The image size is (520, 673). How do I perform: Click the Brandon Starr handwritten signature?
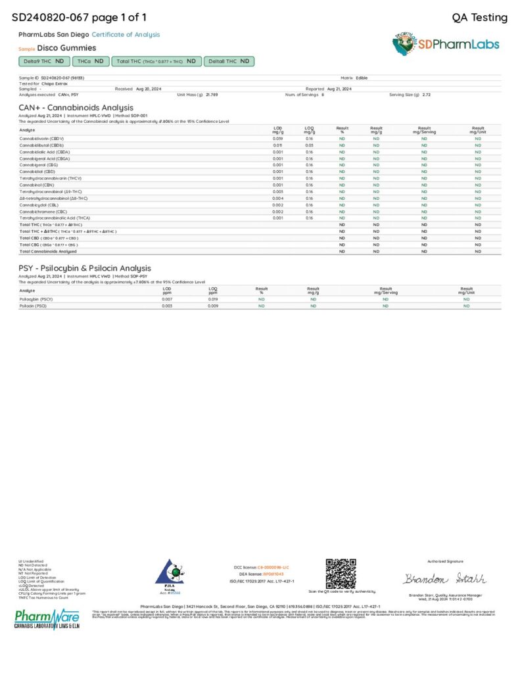[444, 579]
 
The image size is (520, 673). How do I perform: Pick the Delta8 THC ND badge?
[229, 61]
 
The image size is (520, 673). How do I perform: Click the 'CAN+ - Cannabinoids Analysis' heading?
[76, 107]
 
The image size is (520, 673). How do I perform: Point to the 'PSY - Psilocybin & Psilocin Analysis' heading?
[84, 268]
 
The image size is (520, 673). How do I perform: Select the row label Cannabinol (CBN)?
[37, 185]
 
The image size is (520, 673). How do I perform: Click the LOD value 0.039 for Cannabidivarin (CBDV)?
[277, 139]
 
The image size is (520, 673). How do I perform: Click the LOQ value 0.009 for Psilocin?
[212, 306]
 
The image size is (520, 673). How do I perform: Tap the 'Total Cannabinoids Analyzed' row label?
[48, 251]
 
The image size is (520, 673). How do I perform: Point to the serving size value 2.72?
[427, 95]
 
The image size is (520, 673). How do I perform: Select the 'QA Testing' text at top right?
[480, 18]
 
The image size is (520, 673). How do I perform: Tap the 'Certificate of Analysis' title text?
[126, 34]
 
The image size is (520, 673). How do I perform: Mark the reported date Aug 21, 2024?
[339, 89]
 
